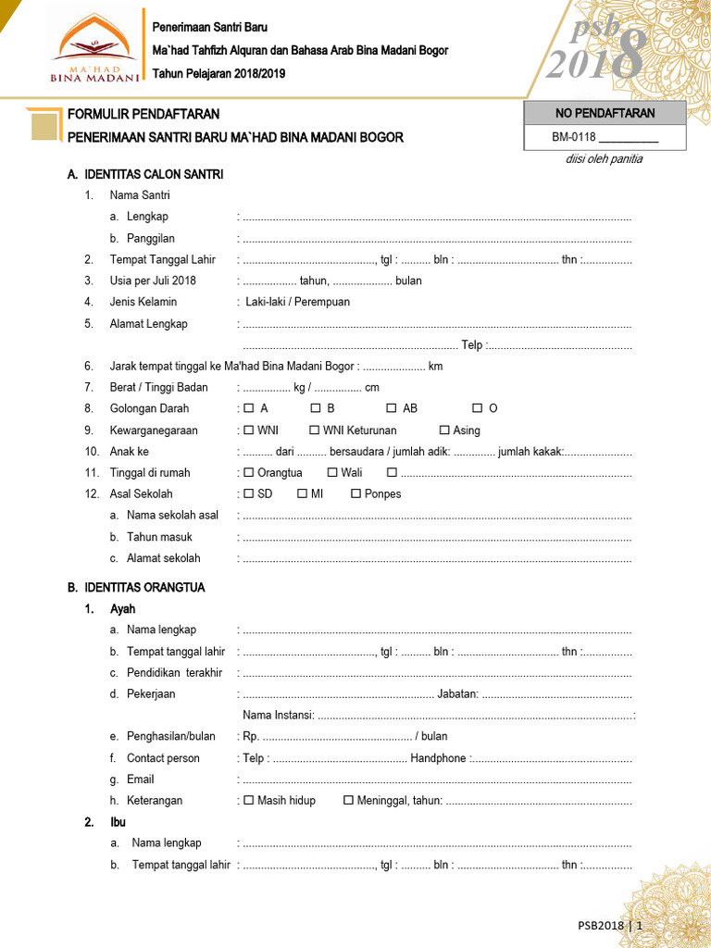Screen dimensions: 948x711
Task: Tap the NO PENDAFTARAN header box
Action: tap(605, 113)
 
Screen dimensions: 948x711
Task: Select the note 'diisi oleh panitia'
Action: tap(604, 159)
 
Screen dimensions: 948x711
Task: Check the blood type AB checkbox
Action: tap(392, 408)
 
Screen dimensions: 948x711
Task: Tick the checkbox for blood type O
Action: tap(478, 408)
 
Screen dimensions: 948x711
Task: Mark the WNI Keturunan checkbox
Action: tap(315, 430)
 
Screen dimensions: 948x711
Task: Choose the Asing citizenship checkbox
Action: tap(444, 430)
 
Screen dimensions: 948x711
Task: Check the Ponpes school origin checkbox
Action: tap(356, 494)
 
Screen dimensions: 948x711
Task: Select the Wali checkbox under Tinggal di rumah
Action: tap(332, 473)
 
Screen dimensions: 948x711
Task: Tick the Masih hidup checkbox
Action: tap(248, 801)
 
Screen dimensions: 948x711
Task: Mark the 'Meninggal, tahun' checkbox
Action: tap(349, 801)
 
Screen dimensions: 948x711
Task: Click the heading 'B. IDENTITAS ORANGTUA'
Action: tap(136, 588)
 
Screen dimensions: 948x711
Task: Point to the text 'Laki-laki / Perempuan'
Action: tap(297, 302)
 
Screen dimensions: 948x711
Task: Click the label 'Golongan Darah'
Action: tap(149, 408)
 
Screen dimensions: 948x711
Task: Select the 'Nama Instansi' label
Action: tap(277, 715)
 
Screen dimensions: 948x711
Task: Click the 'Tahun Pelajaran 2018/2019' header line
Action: tap(218, 73)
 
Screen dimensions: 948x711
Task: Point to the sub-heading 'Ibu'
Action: tap(118, 822)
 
